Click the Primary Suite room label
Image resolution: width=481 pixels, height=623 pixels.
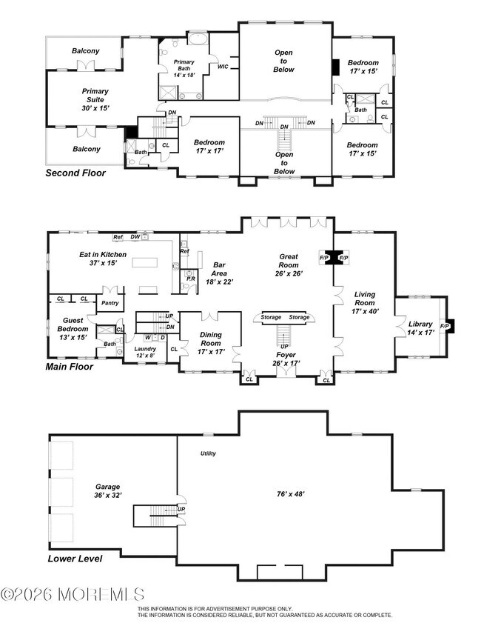tap(95, 99)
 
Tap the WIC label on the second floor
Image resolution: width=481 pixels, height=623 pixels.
tap(223, 67)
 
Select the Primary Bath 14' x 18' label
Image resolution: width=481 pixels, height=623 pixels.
tap(184, 68)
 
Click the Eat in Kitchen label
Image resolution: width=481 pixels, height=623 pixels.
tap(103, 259)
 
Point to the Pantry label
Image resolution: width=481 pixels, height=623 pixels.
tap(110, 303)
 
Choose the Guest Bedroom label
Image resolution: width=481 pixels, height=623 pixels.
tap(73, 329)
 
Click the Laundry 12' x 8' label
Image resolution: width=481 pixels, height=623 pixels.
tap(145, 352)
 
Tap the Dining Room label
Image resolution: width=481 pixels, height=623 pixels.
tap(211, 343)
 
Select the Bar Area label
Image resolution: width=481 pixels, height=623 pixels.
tap(219, 273)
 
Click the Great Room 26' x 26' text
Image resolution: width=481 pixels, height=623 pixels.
tap(289, 265)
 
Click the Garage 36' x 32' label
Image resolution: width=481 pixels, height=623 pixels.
tap(107, 491)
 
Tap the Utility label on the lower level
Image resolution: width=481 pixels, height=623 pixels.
tap(208, 453)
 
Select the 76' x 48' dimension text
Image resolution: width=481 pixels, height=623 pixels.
tap(291, 494)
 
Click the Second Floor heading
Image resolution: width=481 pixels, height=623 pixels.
tap(75, 173)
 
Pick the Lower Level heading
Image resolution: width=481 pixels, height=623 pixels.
tap(75, 559)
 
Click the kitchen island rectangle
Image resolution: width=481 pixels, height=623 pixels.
tap(144, 263)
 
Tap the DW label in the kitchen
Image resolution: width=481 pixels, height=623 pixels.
tap(135, 237)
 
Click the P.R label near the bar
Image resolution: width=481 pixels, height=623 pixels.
tap(190, 279)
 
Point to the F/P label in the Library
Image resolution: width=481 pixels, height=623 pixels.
tap(444, 326)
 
